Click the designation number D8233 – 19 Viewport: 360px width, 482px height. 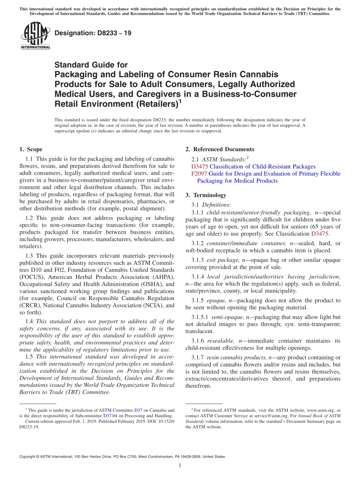(93, 33)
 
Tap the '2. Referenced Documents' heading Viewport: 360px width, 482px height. (220, 149)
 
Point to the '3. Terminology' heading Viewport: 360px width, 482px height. (206, 195)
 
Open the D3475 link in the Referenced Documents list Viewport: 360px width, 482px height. (199, 166)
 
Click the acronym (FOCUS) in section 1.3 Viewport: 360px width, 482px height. (31, 277)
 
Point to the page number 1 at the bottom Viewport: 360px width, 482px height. (180, 466)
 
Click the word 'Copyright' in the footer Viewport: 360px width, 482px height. (29, 457)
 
